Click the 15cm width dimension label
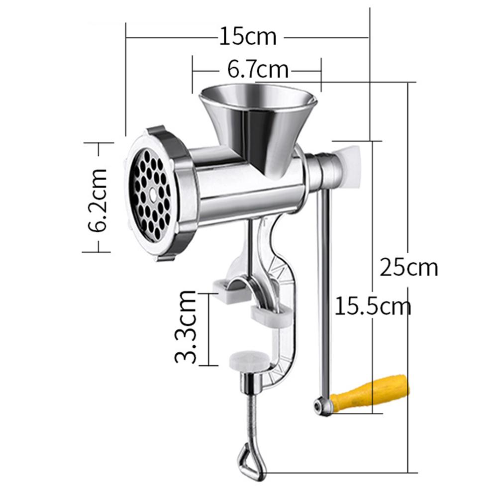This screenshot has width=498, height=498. (247, 36)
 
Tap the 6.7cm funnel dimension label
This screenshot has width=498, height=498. (258, 69)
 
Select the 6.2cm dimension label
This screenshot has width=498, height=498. (98, 199)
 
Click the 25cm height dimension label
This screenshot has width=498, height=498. (409, 267)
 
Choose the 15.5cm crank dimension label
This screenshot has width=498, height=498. (373, 305)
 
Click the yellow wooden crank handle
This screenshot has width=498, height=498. (371, 393)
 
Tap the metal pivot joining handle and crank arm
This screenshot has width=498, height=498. (323, 406)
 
